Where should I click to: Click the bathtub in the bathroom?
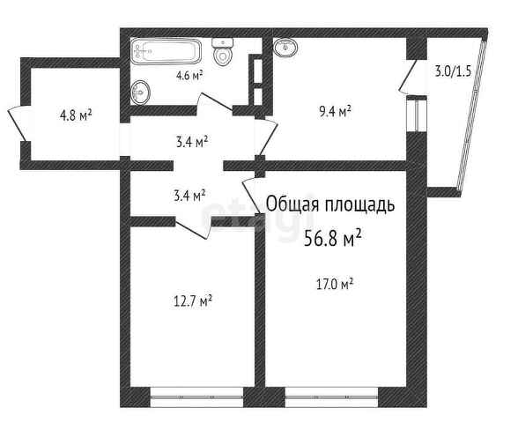click(x=166, y=51)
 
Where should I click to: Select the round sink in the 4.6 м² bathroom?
click(x=140, y=93)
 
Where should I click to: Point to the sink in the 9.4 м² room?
click(x=285, y=47)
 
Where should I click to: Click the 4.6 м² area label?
click(x=189, y=76)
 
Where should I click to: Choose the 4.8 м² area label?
click(x=76, y=115)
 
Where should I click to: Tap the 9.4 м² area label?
click(x=335, y=112)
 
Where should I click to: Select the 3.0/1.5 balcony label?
click(x=453, y=71)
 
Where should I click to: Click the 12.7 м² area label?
click(x=193, y=301)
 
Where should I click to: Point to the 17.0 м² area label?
click(x=335, y=284)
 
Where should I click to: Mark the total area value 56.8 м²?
click(x=332, y=238)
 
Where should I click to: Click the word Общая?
click(x=292, y=204)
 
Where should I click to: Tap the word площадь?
click(x=360, y=204)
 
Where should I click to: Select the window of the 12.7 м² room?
click(x=197, y=397)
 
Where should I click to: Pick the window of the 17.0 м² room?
click(x=331, y=397)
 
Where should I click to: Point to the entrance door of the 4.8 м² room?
click(x=17, y=123)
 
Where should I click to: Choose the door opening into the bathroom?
click(x=216, y=101)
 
